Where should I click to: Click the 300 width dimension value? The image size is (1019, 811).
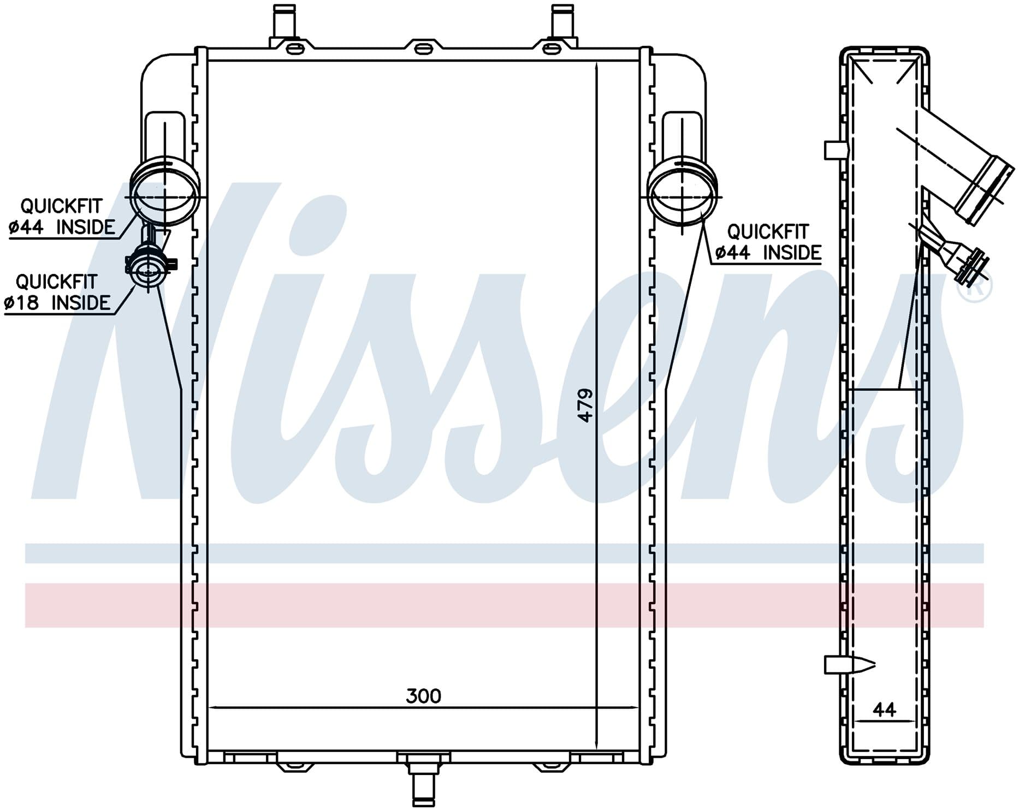pos(423,696)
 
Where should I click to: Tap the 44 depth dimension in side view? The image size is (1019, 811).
pos(884,709)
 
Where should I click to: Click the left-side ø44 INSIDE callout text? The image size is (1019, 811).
pos(62,227)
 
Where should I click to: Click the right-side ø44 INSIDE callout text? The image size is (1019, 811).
pos(768,253)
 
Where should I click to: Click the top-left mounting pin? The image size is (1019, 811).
pos(284,21)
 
